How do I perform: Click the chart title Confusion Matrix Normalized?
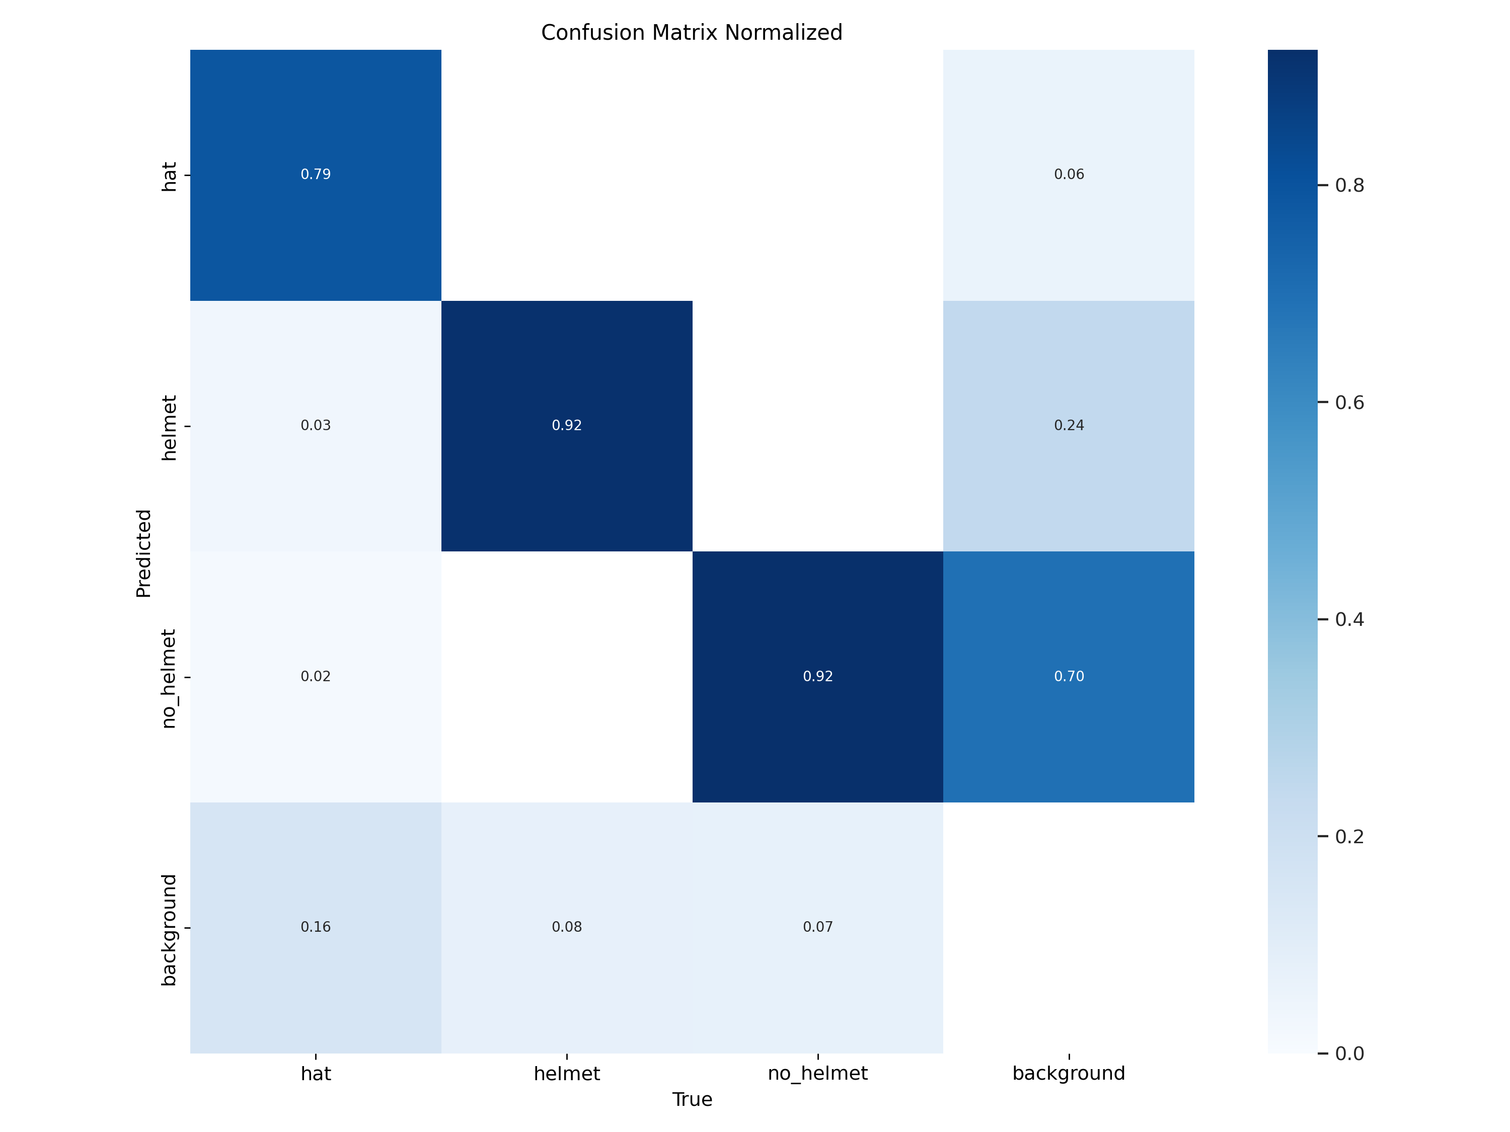click(x=692, y=33)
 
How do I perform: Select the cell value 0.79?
click(x=316, y=175)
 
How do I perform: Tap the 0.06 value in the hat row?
click(x=1069, y=175)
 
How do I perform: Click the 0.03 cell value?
click(x=316, y=426)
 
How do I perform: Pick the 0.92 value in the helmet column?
click(x=567, y=426)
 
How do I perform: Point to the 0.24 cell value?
click(x=1069, y=426)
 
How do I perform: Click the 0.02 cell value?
click(x=316, y=677)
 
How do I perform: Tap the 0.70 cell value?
click(x=1069, y=677)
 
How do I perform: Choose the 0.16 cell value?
click(x=316, y=927)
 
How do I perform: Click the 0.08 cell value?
click(x=567, y=927)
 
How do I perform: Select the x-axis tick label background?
click(x=1069, y=1074)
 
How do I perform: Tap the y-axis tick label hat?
click(x=169, y=177)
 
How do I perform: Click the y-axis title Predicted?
click(x=143, y=553)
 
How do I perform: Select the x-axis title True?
click(x=692, y=1100)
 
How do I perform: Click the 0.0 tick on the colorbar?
click(x=1349, y=1054)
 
